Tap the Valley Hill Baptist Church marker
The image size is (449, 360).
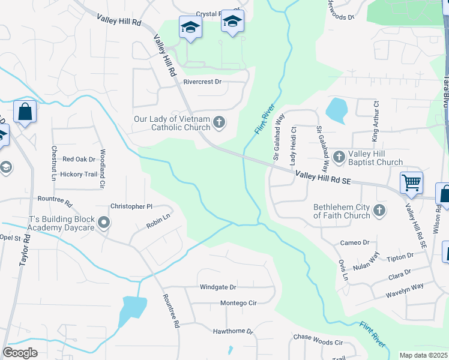coord(339,157)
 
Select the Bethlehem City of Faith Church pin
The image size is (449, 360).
coord(379,211)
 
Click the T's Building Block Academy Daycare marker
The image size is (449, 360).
coord(104,224)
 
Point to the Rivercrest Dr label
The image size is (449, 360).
coord(202,82)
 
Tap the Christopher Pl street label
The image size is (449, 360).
coord(131,206)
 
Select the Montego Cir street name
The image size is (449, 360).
coord(238,303)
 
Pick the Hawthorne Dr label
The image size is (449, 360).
coord(234,331)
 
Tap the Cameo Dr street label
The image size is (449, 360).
coord(355,242)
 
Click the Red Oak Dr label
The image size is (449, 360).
coord(79,159)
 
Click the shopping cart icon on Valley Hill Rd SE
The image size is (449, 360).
coord(411,182)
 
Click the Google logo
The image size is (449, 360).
coord(20,353)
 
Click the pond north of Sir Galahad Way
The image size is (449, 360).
coord(336,109)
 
